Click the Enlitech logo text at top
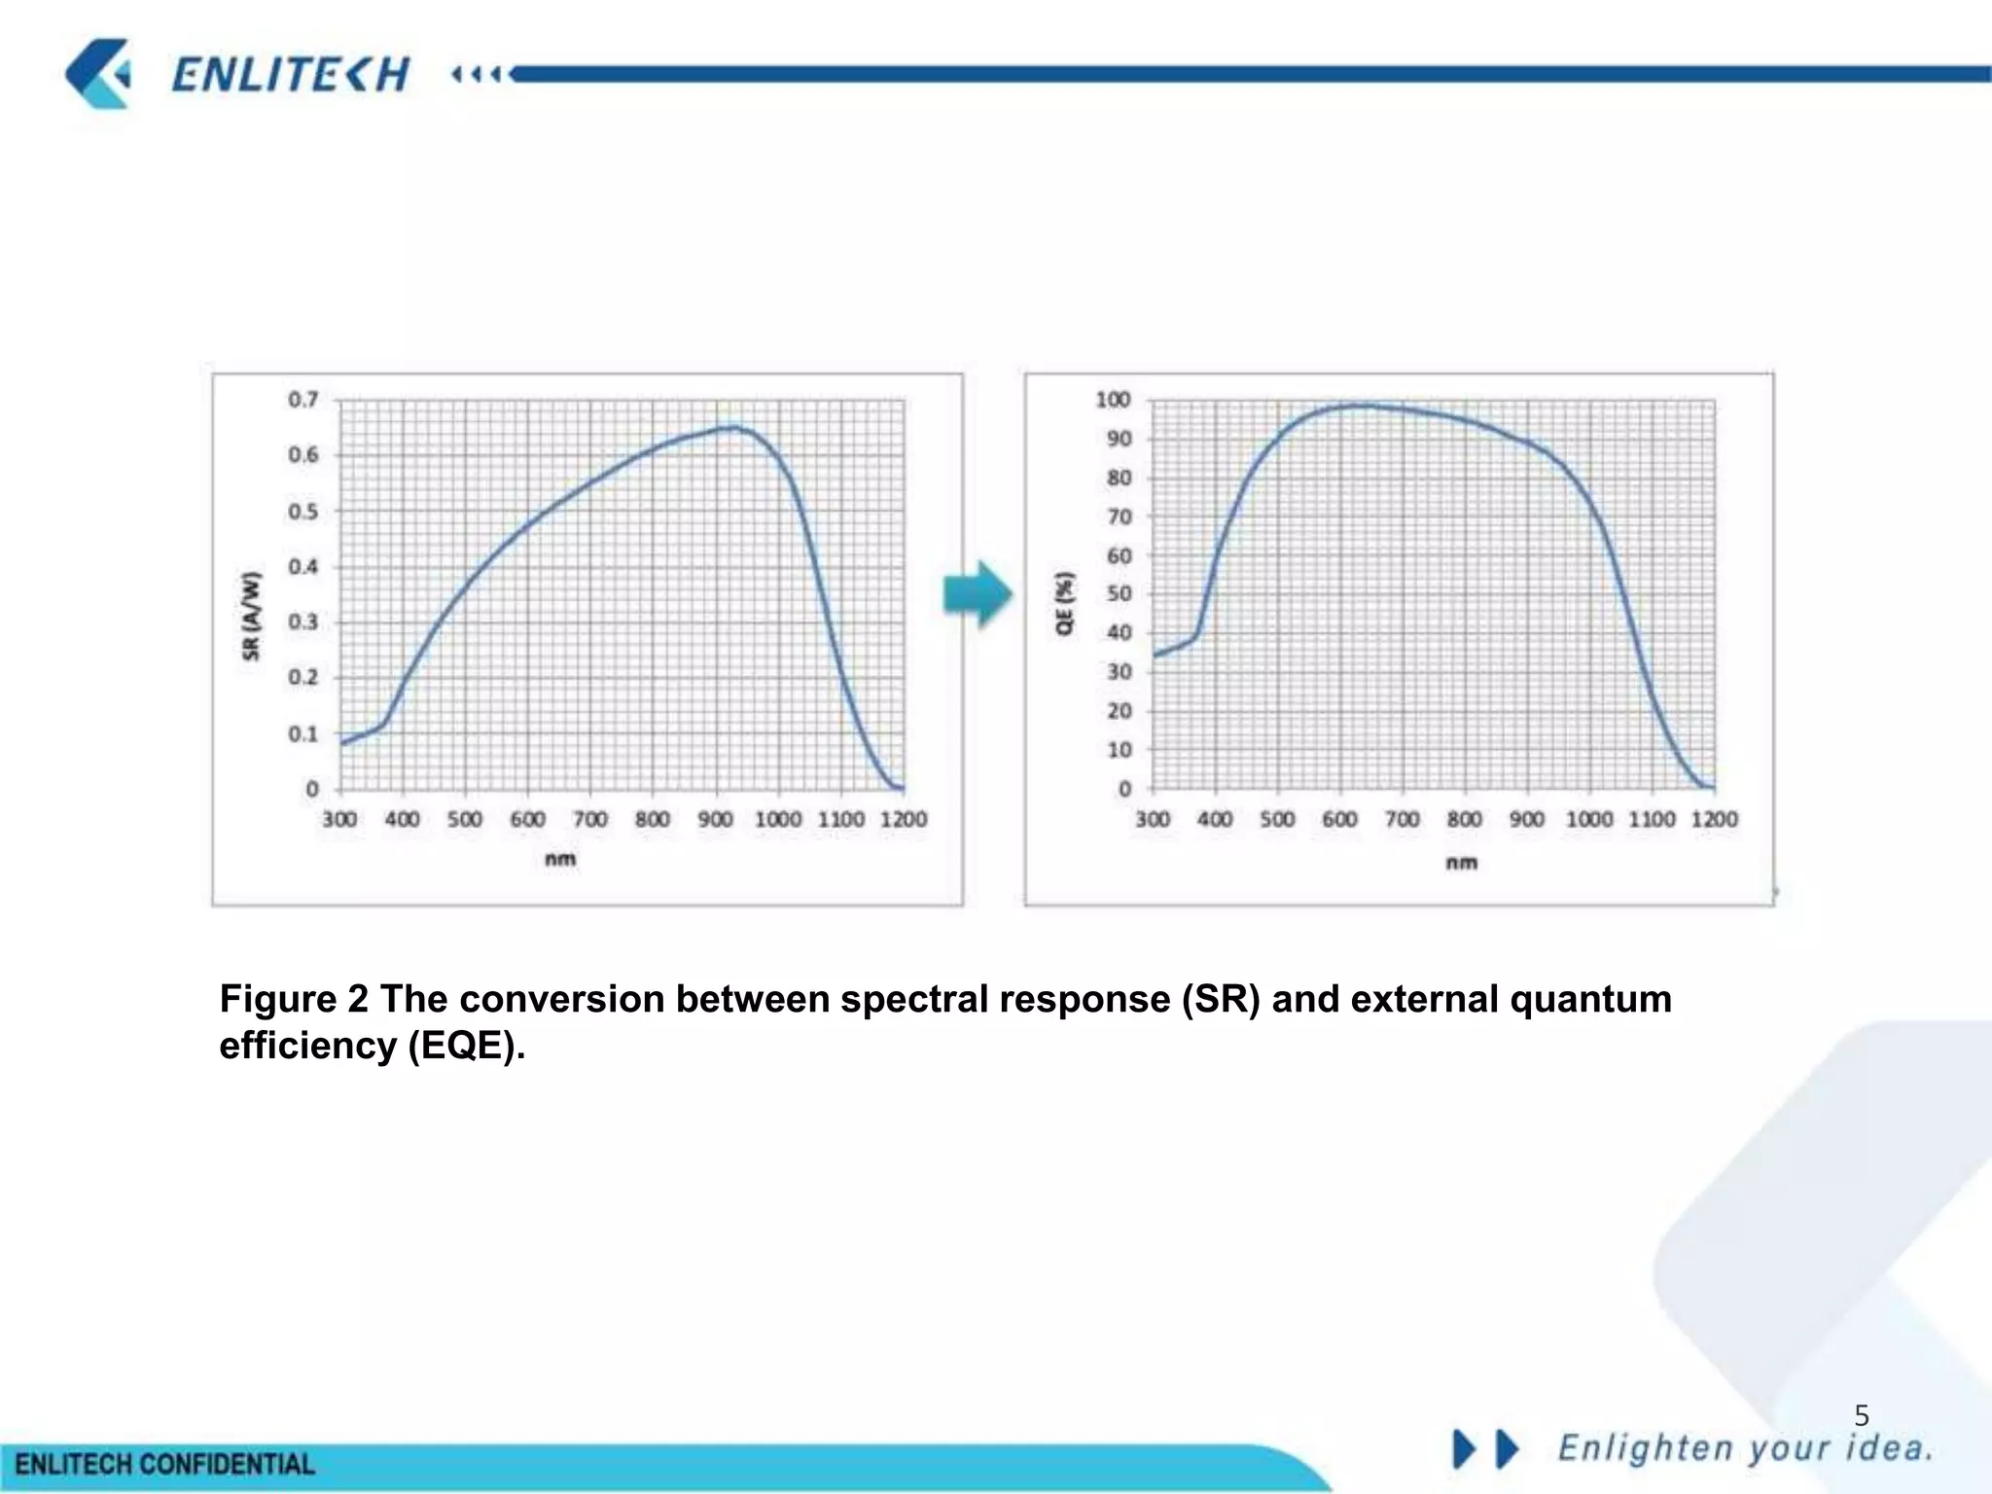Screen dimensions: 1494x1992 coord(290,75)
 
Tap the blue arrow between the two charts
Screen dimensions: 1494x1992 coord(978,593)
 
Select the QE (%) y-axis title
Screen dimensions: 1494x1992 coord(1066,603)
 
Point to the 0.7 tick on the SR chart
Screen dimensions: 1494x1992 coord(302,400)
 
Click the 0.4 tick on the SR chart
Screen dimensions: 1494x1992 coord(302,567)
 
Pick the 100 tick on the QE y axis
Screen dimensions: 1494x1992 coord(1113,400)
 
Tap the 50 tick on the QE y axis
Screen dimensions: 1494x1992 coord(1119,593)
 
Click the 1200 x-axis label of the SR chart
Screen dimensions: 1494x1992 coord(903,819)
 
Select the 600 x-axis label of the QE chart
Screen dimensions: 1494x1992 coord(1339,819)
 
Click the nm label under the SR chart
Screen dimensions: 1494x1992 coord(560,859)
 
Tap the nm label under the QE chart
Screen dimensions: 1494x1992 coord(1461,862)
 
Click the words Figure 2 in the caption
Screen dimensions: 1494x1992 coord(294,999)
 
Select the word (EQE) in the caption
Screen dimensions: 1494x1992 coord(466,1046)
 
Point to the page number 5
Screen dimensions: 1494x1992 coord(1862,1415)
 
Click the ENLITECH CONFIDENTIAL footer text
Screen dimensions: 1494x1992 coord(165,1465)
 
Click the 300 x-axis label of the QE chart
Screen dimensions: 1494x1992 coord(1153,819)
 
